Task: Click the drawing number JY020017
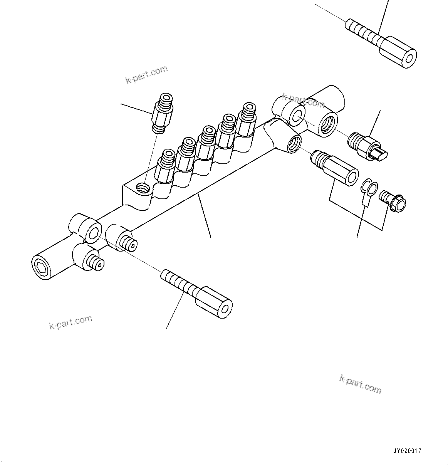click(x=407, y=451)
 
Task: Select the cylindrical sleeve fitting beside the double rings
click(x=335, y=168)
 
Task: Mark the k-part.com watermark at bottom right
click(x=360, y=384)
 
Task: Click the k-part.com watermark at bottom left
click(x=71, y=322)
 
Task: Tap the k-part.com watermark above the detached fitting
click(x=147, y=75)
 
